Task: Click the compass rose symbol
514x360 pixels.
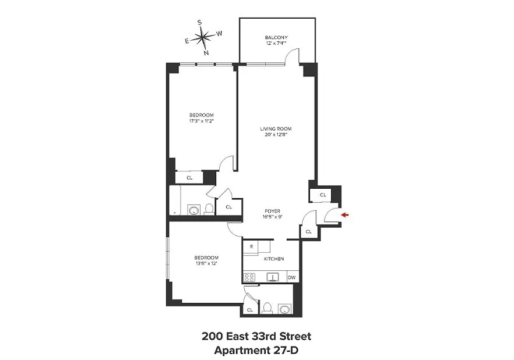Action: click(203, 37)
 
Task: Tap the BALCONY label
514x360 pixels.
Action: click(276, 38)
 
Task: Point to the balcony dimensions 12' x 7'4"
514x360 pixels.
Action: click(276, 44)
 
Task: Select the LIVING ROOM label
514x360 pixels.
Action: click(276, 129)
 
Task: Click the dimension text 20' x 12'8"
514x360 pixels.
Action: click(276, 135)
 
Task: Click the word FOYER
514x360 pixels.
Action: click(273, 211)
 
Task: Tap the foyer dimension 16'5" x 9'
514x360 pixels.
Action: click(273, 217)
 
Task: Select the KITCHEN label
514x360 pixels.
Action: click(274, 259)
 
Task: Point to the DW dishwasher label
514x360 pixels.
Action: click(291, 278)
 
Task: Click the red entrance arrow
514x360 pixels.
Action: click(344, 216)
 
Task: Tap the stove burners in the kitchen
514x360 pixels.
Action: click(251, 277)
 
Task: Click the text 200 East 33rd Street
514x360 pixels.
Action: click(256, 336)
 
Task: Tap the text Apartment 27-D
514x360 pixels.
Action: click(256, 350)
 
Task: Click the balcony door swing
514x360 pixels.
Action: click(293, 56)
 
